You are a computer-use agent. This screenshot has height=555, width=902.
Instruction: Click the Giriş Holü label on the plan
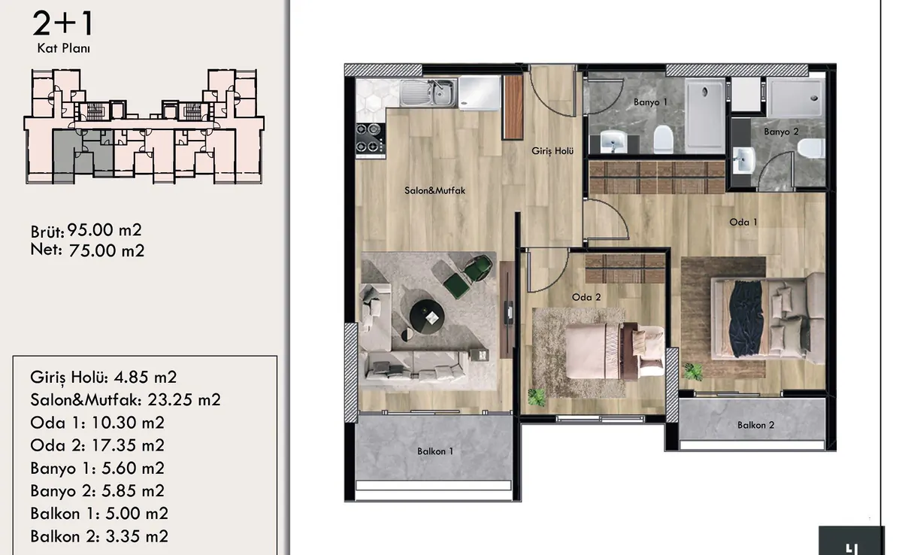click(552, 151)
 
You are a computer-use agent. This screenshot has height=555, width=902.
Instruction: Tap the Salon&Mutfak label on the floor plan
click(435, 190)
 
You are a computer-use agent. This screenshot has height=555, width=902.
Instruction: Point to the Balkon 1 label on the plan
click(435, 451)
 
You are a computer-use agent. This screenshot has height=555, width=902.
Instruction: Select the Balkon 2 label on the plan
click(756, 425)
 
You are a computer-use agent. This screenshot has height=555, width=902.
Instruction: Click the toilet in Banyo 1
click(663, 139)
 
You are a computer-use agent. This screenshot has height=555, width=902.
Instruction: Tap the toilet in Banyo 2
click(811, 149)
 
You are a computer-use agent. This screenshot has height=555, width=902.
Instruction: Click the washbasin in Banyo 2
click(743, 161)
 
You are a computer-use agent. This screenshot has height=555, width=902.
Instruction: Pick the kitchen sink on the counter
click(428, 92)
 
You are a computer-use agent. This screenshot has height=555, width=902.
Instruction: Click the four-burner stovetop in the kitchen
click(370, 138)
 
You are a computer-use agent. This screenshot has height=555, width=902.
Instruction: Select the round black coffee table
click(426, 317)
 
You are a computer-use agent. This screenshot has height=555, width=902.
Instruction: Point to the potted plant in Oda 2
click(537, 397)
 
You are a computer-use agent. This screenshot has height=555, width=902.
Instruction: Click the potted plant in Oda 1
click(693, 372)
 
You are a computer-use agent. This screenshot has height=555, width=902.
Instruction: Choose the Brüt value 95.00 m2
click(104, 230)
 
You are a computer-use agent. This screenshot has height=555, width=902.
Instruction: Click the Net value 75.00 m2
click(106, 250)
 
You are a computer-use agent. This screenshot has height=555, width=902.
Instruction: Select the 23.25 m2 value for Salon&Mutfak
click(184, 399)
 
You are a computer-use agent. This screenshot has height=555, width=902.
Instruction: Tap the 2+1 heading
click(63, 23)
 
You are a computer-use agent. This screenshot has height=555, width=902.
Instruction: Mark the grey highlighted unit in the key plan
click(83, 155)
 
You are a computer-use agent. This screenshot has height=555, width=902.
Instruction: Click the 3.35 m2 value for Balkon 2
click(137, 536)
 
